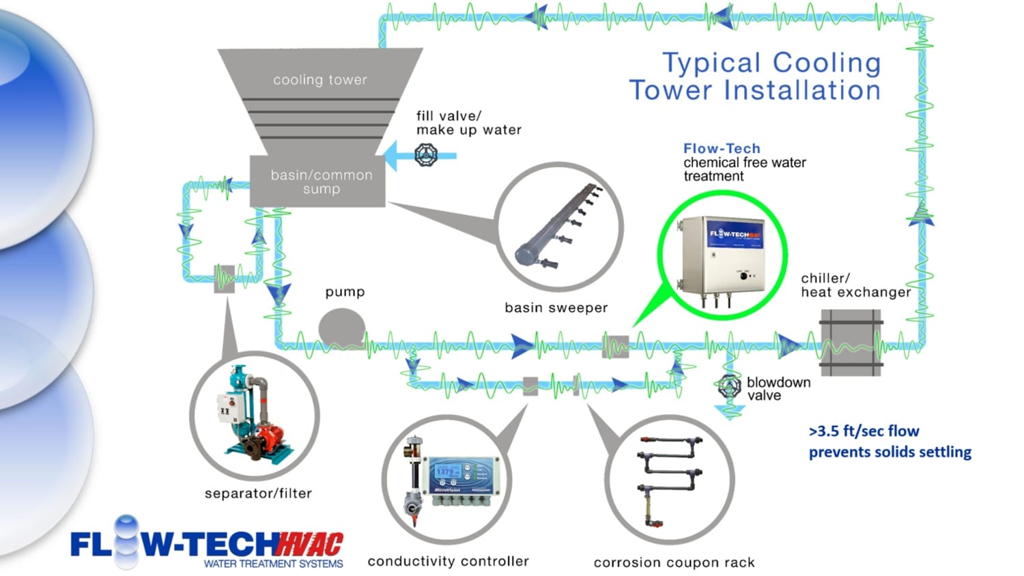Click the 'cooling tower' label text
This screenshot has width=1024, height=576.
320,80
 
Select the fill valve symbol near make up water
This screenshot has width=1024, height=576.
427,156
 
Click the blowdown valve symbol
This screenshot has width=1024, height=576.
729,387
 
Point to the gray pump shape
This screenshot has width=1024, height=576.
341,327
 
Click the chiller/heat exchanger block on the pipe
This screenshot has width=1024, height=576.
850,343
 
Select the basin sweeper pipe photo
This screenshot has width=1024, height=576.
558,225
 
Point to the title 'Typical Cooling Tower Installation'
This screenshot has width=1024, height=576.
755,76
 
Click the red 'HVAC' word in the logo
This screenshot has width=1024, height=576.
310,544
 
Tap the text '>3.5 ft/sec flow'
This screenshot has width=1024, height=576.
864,431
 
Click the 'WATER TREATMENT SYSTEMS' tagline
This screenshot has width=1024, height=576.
273,564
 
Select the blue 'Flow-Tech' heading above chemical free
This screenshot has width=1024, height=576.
722,148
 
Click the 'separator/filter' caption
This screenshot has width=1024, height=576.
258,493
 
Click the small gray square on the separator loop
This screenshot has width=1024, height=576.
225,278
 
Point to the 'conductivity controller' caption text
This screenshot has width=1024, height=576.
448,561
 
